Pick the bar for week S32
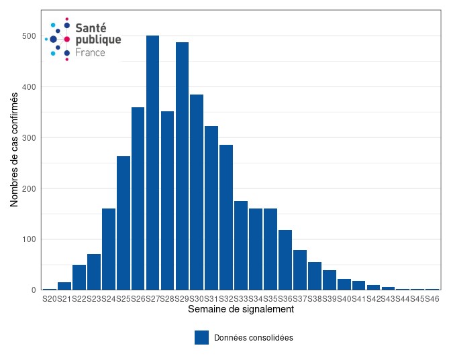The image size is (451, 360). coord(226,217)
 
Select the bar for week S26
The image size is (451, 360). coord(138,198)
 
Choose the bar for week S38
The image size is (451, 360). coord(315,276)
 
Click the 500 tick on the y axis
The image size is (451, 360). coord(28,36)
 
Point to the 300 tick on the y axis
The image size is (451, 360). coord(28,138)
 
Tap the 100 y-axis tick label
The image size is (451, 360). coord(28,239)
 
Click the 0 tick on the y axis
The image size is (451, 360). coord(33,290)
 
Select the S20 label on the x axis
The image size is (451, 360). coord(50,298)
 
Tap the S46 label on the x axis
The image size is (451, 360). coord(432,298)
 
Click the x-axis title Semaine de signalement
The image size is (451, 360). coord(241,310)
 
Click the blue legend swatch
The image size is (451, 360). coord(201,337)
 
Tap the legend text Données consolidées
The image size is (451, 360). coord(253,338)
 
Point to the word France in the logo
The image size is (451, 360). coord(90,52)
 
